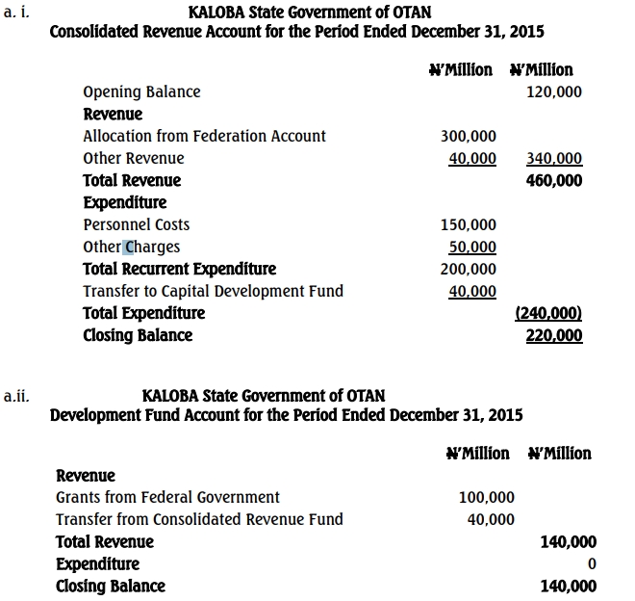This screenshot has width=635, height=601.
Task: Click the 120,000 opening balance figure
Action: (x=555, y=92)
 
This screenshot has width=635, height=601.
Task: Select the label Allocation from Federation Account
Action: (x=204, y=136)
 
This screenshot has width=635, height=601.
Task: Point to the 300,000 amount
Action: (x=468, y=137)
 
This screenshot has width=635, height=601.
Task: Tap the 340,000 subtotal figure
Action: (x=555, y=159)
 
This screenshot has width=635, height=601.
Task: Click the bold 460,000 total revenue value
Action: (x=555, y=180)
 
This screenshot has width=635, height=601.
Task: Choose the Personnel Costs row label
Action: (x=136, y=224)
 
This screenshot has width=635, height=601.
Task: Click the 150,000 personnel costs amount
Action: (x=468, y=225)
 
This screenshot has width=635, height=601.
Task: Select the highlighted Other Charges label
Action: (x=131, y=247)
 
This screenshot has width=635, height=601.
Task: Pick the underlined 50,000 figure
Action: (x=471, y=248)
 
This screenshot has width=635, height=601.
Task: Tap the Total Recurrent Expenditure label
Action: (x=179, y=269)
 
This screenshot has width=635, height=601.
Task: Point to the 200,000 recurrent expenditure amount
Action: (x=468, y=270)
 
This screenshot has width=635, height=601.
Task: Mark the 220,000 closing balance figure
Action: (x=555, y=336)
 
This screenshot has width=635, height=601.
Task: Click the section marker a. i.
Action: (x=17, y=12)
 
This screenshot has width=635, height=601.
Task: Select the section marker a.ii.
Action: (x=17, y=394)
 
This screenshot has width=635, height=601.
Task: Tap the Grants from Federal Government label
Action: (x=167, y=497)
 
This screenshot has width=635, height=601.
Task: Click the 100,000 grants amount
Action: (x=486, y=498)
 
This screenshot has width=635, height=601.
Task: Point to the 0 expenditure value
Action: (x=592, y=564)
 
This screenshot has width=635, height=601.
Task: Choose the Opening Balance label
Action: (x=141, y=91)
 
